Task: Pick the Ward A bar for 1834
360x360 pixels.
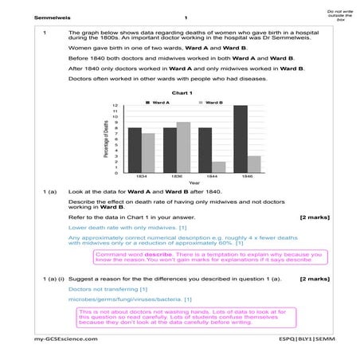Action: point(135,149)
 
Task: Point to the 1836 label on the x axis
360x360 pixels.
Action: point(176,176)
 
